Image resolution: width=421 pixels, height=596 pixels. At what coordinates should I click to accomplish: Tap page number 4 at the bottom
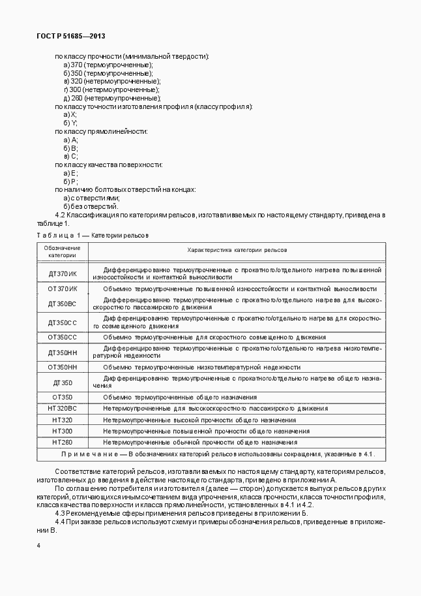coord(39,544)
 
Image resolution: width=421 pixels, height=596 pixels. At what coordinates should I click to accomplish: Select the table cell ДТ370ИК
coord(63,273)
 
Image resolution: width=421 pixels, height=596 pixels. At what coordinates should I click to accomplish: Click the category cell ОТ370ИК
coord(63,288)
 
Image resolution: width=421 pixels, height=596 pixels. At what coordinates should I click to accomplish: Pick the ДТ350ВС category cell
coord(63,303)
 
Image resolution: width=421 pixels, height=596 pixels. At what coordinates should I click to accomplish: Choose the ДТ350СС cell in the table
coord(63,322)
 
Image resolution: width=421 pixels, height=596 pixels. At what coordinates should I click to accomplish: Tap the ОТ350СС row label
coord(63,337)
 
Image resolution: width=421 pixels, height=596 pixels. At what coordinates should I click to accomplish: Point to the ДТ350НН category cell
coord(63,352)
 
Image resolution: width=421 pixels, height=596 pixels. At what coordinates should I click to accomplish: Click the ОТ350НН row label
coord(63,367)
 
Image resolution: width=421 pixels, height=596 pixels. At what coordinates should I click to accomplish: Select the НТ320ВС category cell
coord(63,408)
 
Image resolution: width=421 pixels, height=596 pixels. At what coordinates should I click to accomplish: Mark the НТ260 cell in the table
coord(63,442)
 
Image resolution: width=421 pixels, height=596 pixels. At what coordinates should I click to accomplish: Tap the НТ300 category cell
coord(63,431)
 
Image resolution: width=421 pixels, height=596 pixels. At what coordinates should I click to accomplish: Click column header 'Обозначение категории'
coord(63,251)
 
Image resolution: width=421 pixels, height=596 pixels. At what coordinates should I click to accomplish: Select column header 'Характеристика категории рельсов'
coord(237,250)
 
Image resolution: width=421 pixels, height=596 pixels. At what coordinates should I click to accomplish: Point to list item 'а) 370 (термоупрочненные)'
coord(108,65)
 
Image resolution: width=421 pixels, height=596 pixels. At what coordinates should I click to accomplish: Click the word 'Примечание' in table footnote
coord(91,454)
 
